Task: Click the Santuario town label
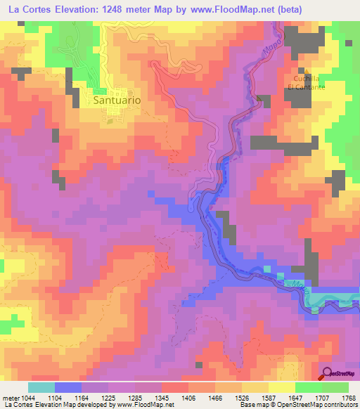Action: (117, 100)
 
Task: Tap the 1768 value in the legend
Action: (347, 398)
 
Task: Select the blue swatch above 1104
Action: (67, 387)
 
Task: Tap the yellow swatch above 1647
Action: (281, 387)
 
